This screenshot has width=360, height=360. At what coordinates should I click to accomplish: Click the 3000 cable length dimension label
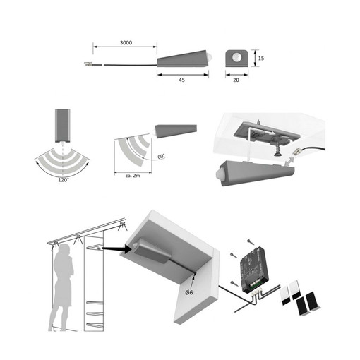click(126, 42)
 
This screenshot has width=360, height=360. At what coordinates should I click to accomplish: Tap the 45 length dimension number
click(181, 80)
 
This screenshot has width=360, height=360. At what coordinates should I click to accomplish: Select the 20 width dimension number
click(236, 80)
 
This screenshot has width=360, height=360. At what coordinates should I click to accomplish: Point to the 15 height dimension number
click(261, 58)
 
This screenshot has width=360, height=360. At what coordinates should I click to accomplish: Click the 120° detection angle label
click(64, 180)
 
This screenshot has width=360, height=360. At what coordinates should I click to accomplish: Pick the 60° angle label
click(161, 156)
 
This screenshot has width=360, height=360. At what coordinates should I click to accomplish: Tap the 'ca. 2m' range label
click(133, 176)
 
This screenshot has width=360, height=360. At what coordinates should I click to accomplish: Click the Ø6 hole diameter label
click(189, 292)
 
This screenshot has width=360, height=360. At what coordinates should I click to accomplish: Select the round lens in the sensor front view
click(236, 57)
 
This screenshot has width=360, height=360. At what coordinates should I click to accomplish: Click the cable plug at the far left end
click(88, 64)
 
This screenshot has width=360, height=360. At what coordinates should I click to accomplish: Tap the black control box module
click(254, 270)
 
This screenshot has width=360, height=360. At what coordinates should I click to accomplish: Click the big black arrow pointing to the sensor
click(116, 248)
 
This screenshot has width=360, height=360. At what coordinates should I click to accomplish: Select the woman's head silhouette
click(65, 250)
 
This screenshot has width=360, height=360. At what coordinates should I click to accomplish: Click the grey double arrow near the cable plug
click(289, 162)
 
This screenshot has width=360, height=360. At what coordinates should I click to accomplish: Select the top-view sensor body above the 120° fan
click(63, 126)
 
